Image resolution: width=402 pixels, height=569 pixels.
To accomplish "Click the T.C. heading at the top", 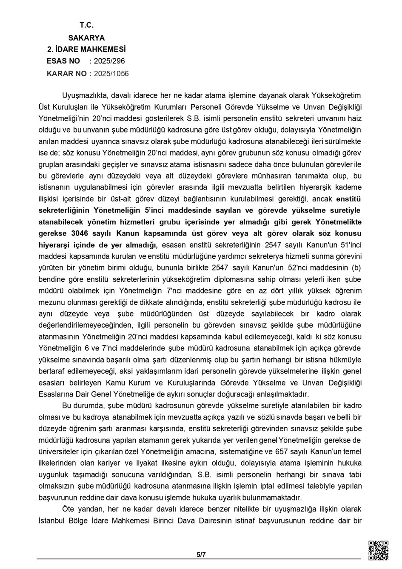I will [86, 25].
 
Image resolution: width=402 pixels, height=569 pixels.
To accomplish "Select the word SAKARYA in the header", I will [86, 37].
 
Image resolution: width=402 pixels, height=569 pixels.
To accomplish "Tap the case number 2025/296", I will [109, 61].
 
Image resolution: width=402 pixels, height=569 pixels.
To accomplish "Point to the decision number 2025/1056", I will [111, 74].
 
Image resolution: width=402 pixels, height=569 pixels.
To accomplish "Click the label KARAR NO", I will [66, 74].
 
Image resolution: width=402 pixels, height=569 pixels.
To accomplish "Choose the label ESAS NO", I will [63, 61].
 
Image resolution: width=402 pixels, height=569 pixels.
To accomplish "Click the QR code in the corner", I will [378, 550].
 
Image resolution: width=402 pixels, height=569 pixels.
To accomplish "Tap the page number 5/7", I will [201, 554].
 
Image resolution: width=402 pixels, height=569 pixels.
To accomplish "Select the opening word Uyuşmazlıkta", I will [83, 95].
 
